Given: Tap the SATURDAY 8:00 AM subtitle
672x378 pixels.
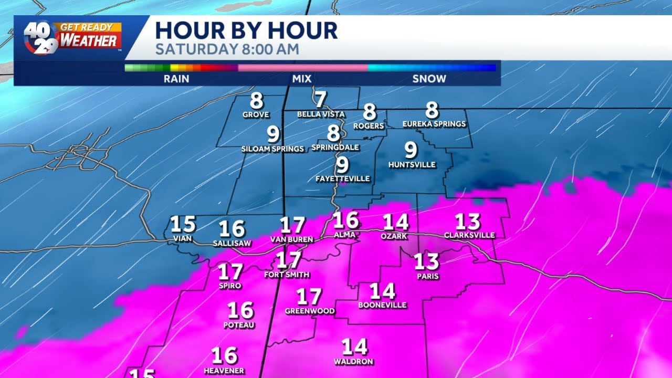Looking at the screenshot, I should [x=227, y=50].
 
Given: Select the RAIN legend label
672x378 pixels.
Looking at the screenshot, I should [x=176, y=79].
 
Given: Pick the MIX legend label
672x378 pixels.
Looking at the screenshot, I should [x=302, y=79].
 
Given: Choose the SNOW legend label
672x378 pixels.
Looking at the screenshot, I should [x=429, y=79].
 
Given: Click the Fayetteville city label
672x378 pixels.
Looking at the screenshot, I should [x=343, y=179].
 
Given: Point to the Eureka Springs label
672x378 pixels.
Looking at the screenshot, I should [x=434, y=124].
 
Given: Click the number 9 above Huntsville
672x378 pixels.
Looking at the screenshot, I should [x=411, y=151].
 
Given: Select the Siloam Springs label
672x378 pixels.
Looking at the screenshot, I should [x=272, y=149].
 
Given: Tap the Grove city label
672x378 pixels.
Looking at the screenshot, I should [x=256, y=114].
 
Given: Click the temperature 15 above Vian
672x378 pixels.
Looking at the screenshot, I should [x=183, y=225].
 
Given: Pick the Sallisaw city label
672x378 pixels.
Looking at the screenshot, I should [x=232, y=244].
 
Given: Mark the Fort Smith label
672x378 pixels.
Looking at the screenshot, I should [x=287, y=275].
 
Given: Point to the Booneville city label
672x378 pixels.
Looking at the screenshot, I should [x=382, y=305].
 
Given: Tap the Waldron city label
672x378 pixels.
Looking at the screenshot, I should [x=354, y=362].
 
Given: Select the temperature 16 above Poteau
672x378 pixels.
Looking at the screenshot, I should [x=241, y=310].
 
